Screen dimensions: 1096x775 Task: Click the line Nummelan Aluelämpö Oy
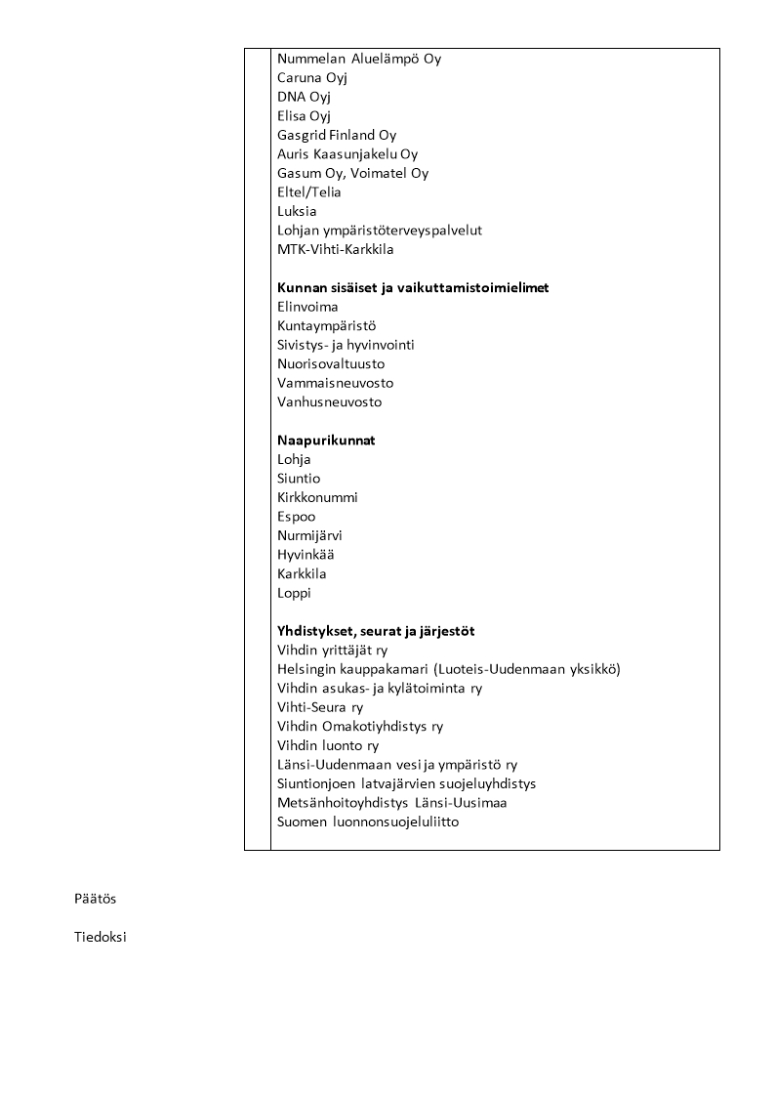(358, 59)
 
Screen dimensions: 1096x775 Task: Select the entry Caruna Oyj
(312, 78)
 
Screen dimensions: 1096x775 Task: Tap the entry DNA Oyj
(304, 97)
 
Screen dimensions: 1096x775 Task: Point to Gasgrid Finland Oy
(336, 135)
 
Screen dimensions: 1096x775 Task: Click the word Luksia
(297, 211)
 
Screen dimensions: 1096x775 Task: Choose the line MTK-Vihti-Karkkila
(335, 249)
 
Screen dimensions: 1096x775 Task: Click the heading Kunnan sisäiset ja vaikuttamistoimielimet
(413, 288)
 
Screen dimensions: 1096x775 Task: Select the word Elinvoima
(307, 307)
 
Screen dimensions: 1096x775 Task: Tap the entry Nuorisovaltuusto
(330, 364)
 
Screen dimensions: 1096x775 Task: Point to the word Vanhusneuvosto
(329, 402)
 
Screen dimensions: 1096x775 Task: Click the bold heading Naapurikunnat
(326, 441)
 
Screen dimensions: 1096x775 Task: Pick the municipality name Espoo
(296, 517)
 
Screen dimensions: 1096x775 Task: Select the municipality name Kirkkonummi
(317, 497)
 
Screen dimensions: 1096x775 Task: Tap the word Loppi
(294, 593)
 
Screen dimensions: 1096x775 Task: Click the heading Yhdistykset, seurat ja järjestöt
(376, 631)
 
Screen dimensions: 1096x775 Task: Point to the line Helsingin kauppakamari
(448, 669)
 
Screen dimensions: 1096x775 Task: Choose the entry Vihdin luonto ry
(328, 745)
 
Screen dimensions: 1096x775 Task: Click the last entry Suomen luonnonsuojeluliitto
(368, 822)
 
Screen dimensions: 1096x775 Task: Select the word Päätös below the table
(95, 899)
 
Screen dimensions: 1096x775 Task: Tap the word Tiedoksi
(100, 938)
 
